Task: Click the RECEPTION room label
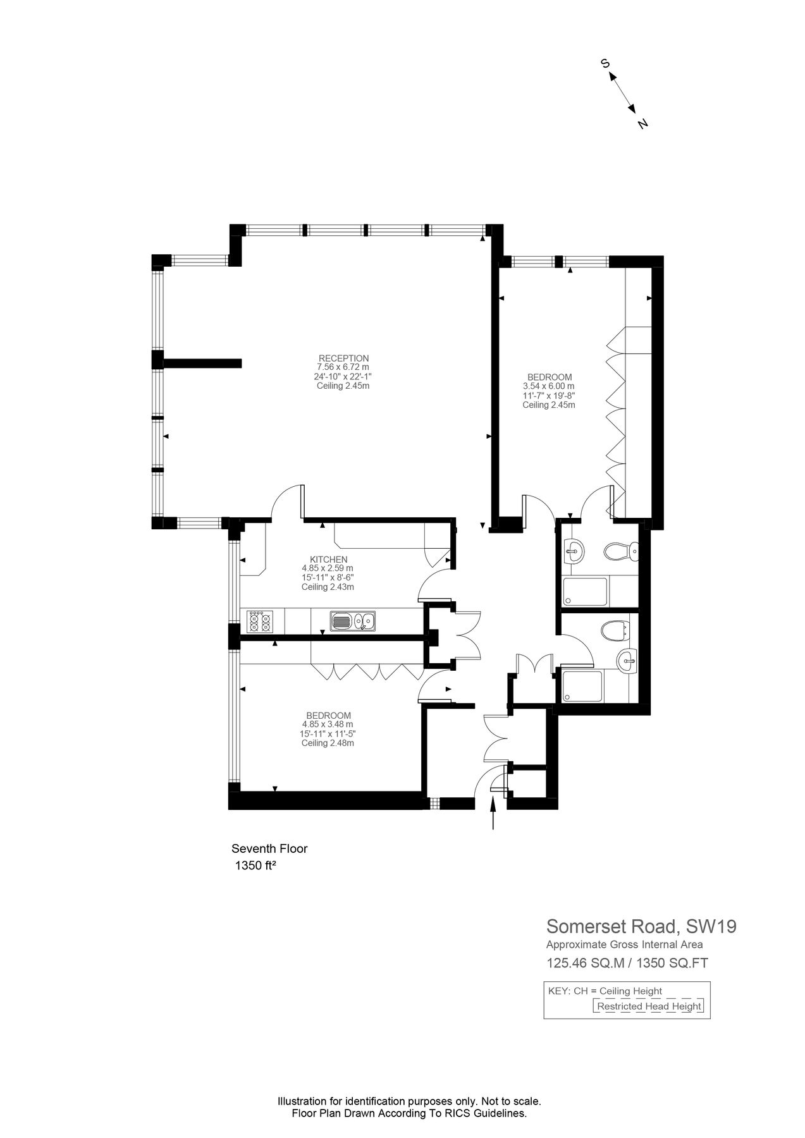343,358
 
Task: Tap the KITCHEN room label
328,560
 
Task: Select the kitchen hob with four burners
260,621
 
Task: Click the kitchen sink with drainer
352,621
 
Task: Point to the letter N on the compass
643,124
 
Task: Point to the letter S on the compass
605,63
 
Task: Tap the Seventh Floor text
269,849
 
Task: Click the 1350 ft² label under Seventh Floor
255,867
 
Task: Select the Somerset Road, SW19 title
641,927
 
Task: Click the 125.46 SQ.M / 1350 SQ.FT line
627,964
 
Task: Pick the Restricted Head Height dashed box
649,1006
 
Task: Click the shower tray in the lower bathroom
581,686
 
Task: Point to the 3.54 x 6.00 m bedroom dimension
548,386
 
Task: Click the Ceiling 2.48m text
328,743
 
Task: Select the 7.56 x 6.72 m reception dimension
343,367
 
